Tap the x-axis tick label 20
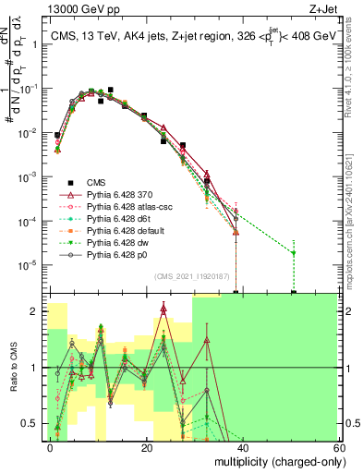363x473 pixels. pos(146,446)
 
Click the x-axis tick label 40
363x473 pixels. pos(242,446)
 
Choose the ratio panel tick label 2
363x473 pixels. pos(37,311)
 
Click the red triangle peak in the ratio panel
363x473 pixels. pos(163,309)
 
